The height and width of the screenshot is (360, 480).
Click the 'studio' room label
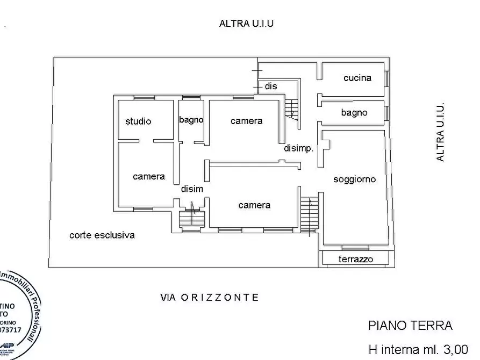pos(138,121)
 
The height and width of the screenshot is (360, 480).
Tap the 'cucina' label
pos(357,78)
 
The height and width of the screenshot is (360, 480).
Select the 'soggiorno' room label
pos(354,179)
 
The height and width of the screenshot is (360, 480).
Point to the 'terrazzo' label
pos(355,260)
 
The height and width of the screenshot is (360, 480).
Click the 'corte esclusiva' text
pos(102,235)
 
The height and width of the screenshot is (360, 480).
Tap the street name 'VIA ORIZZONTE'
pos(210,297)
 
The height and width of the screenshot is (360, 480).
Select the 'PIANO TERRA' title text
pos(410,326)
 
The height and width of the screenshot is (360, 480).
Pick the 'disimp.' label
pos(298,149)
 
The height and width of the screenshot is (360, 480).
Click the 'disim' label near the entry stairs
pos(191,189)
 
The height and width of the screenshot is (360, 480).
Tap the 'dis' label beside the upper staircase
pos(271,86)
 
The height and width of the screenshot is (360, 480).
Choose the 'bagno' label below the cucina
pos(354,113)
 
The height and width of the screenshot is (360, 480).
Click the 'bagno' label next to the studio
pos(191,120)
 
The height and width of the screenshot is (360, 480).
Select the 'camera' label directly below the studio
pos(149,176)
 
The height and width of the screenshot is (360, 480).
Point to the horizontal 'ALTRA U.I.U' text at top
pos(247,23)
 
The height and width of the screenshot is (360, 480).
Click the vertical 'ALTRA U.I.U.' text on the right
pos(440,132)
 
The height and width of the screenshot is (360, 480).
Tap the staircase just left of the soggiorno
pos(309,214)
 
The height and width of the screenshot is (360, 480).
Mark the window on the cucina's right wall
pos(386,78)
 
